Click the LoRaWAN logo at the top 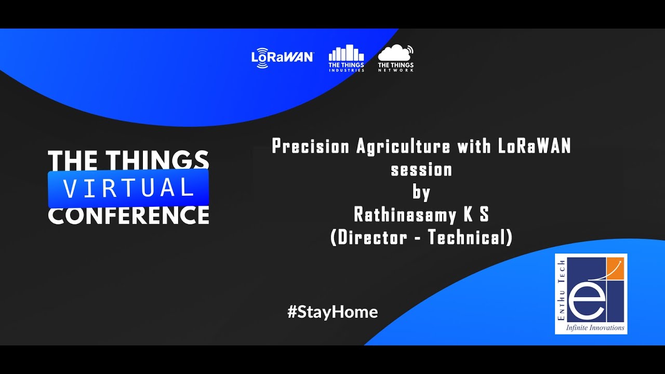click(x=282, y=58)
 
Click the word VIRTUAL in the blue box click(x=128, y=188)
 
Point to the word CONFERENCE click(x=128, y=215)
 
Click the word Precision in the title click(x=311, y=146)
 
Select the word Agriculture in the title click(x=403, y=146)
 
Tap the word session click(x=421, y=170)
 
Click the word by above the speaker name click(x=421, y=192)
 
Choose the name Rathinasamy click(x=405, y=215)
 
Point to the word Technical click(x=467, y=237)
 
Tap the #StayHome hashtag click(x=332, y=312)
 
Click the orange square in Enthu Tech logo click(x=615, y=269)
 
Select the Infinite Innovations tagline click(x=595, y=328)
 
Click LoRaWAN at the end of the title click(x=534, y=146)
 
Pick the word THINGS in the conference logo click(x=157, y=161)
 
